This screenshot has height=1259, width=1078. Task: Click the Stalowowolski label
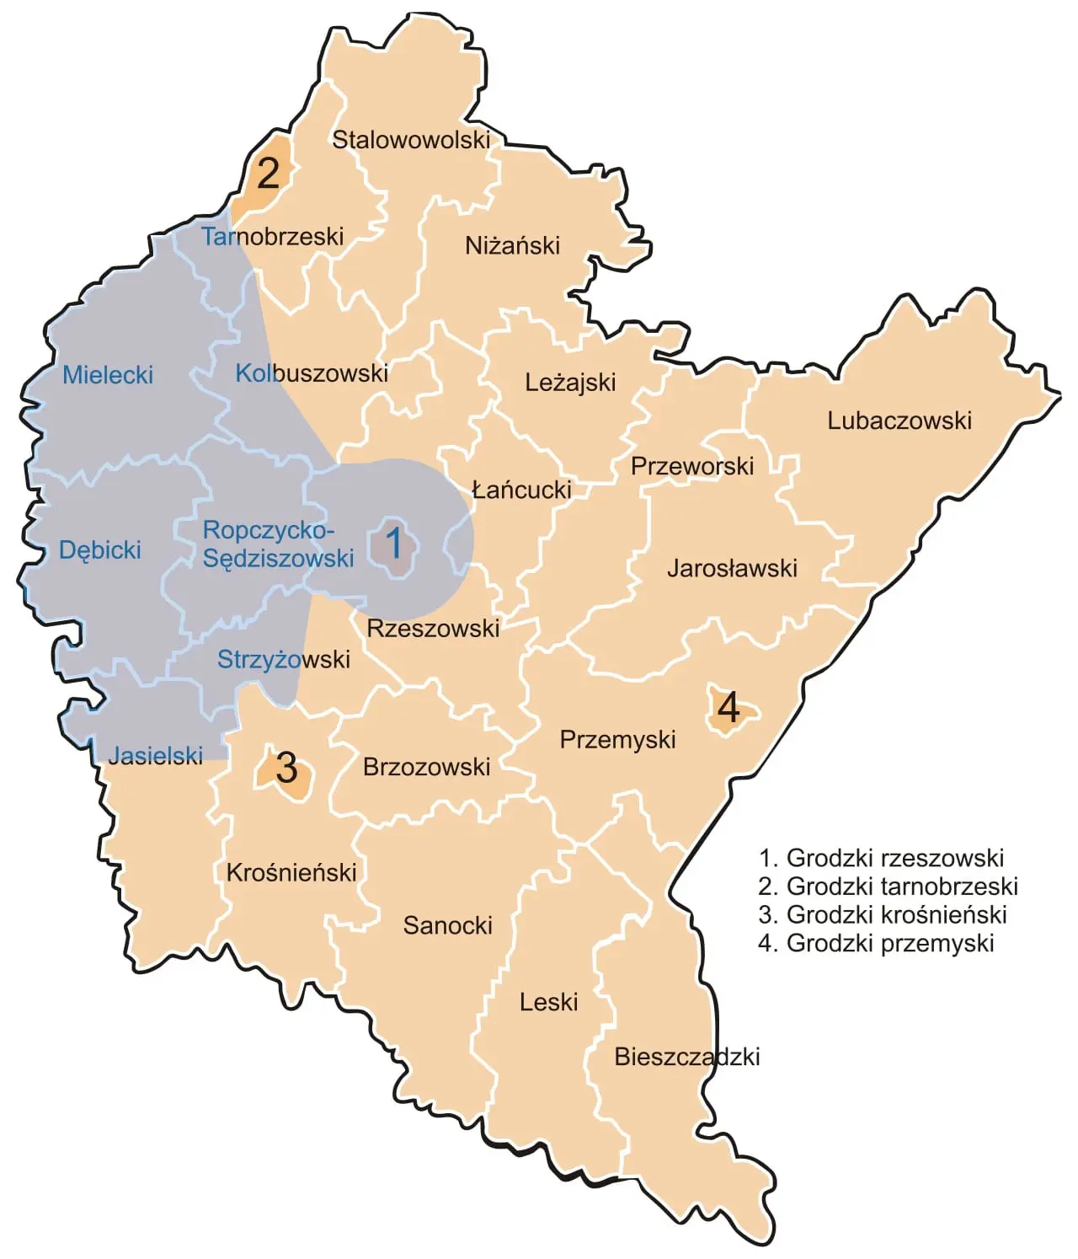411,140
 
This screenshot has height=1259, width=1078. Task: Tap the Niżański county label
512,246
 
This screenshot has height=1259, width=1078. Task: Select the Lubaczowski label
899,421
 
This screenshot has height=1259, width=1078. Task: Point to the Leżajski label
570,383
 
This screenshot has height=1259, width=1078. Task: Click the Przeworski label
692,466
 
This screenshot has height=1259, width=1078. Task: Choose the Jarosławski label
732,568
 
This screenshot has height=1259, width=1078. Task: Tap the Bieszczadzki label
686,1057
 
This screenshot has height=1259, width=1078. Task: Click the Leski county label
548,1002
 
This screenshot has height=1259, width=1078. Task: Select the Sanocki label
447,925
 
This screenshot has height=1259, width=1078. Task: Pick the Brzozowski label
426,767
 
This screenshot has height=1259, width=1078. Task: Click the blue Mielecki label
108,375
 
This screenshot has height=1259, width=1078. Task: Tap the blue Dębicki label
99,550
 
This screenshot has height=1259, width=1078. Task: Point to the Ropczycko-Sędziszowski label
278,544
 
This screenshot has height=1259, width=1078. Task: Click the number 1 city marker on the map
393,544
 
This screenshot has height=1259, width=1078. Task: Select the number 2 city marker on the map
268,174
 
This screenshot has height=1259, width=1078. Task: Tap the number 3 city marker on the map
286,769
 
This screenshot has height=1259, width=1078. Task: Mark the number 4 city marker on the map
728,708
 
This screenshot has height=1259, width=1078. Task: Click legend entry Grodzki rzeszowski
881,858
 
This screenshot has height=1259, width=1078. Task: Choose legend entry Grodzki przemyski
876,943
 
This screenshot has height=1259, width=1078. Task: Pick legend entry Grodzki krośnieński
883,914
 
